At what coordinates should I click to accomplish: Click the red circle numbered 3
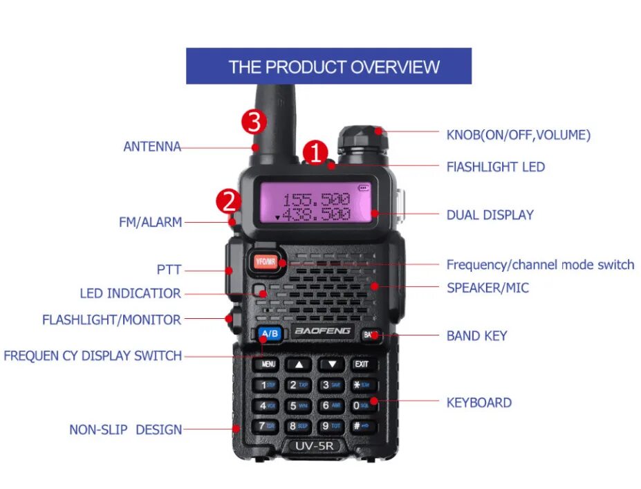[x=253, y=122]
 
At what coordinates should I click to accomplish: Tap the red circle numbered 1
[x=315, y=153]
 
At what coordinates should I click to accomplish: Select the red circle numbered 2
[x=229, y=202]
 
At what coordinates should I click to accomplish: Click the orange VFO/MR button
[x=265, y=262]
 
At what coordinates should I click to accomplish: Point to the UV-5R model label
[x=315, y=445]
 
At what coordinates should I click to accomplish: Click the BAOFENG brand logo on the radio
[x=323, y=332]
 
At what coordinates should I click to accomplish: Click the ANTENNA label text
[x=152, y=147]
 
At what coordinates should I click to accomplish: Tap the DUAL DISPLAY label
[x=490, y=215]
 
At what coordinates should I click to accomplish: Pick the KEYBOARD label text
[x=479, y=403]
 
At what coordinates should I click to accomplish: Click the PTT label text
[x=169, y=270]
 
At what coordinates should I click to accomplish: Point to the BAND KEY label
[x=476, y=336]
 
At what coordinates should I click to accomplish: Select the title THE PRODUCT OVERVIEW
[x=334, y=67]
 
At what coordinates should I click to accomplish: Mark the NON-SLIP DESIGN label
[x=125, y=430]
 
